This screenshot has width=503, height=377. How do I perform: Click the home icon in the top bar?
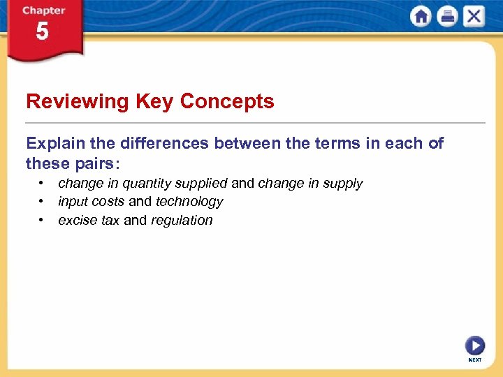(421, 17)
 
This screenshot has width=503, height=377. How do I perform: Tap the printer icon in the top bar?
(447, 17)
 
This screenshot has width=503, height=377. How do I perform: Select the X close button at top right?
(473, 17)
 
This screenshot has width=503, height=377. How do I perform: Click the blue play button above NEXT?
(474, 346)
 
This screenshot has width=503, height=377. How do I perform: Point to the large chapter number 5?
(43, 32)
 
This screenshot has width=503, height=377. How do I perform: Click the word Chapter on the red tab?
(43, 10)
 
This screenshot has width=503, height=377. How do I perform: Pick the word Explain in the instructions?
(56, 144)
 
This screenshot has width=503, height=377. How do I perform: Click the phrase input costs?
(91, 202)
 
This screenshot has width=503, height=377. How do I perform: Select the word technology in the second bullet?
(189, 202)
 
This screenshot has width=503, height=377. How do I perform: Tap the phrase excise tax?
(88, 221)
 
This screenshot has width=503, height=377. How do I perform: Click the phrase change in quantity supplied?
(143, 184)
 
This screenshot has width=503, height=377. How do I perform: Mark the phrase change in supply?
(310, 184)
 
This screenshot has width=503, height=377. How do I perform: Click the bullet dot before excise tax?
(42, 220)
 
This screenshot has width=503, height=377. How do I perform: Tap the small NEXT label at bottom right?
(475, 360)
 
